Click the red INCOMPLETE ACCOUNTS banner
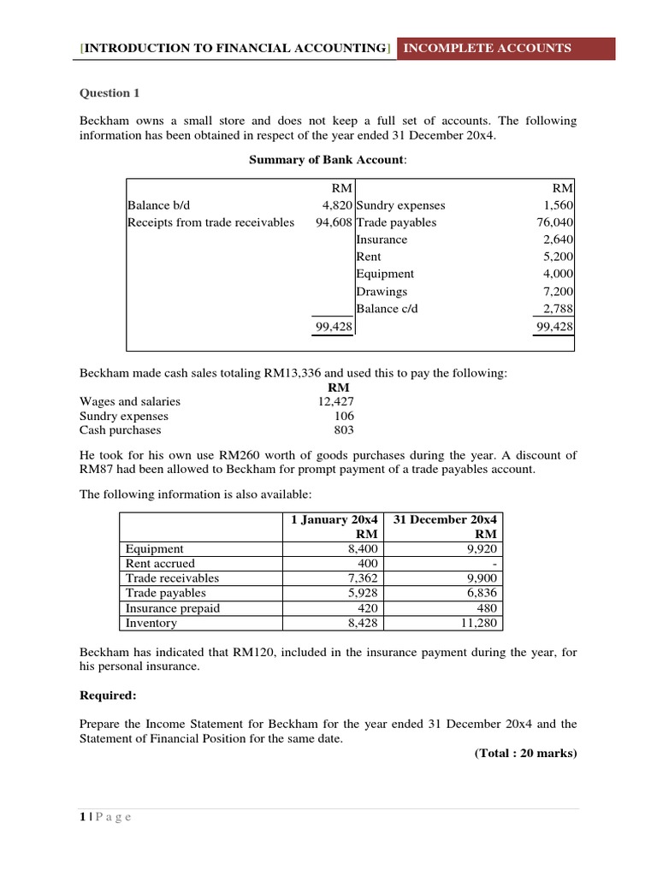tap(487, 48)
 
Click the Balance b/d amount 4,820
tap(335, 205)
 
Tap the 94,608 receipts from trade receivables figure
tap(334, 222)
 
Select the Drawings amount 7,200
tap(558, 291)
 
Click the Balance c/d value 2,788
tap(558, 308)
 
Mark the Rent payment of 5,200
tap(558, 257)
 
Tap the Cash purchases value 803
tap(344, 430)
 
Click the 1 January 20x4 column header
tap(334, 519)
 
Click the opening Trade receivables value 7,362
tap(362, 578)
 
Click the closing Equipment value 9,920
tap(482, 549)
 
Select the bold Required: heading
tap(108, 695)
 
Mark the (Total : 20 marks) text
tap(525, 753)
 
